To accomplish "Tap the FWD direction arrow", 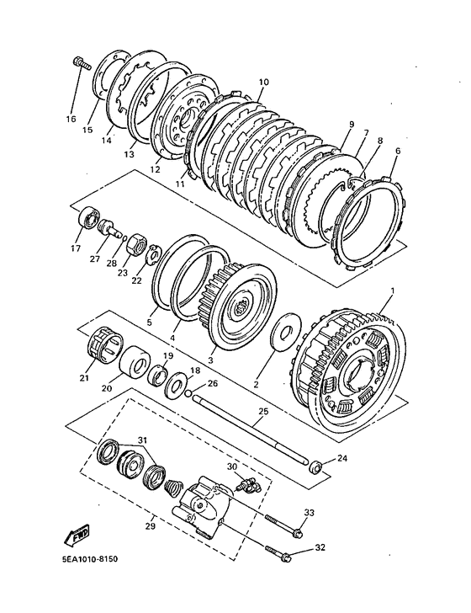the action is point(77,535).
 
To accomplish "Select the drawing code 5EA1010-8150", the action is point(89,559).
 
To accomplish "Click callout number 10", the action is point(263,83).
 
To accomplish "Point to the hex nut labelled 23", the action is point(136,244).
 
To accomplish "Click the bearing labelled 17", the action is point(89,216).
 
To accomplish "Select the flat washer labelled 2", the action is point(286,332).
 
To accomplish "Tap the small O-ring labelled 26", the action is point(189,393).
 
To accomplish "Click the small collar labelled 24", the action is point(315,466).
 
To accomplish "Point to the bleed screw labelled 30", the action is point(247,484).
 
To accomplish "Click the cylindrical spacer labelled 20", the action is point(135,360).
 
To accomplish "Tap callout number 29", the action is point(150,526).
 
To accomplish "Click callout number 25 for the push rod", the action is point(263,411).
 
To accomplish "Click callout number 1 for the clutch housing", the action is point(392,291).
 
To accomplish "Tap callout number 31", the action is point(142,440).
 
